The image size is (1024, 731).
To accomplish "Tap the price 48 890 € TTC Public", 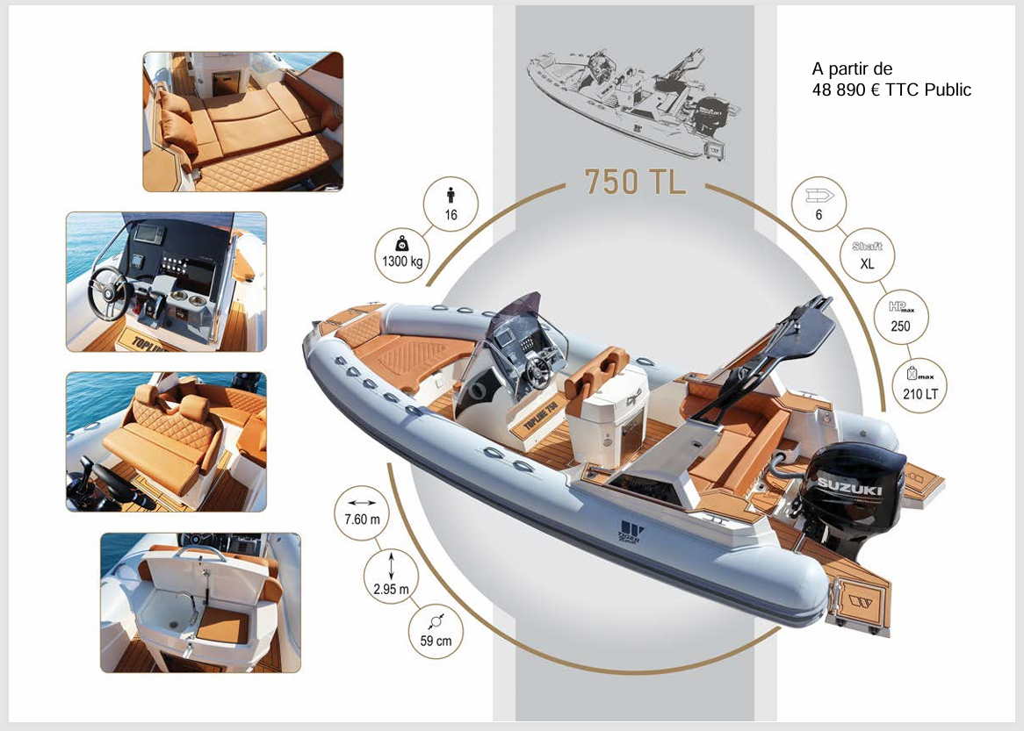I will pyautogui.click(x=891, y=90).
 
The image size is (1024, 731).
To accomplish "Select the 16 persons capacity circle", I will pyautogui.click(x=451, y=204).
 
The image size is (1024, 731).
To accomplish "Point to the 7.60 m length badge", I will pyautogui.click(x=362, y=511).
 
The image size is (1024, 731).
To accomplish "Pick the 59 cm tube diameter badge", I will pyautogui.click(x=436, y=631).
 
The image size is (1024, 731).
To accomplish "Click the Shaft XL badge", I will pyautogui.click(x=867, y=254).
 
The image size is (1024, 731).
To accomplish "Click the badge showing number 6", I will pyautogui.click(x=818, y=204).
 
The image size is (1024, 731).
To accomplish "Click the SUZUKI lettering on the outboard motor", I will pyautogui.click(x=849, y=484).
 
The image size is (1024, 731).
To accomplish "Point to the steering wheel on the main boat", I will pyautogui.click(x=537, y=369).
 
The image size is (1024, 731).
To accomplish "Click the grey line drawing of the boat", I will pyautogui.click(x=634, y=103).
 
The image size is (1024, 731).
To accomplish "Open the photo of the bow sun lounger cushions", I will pyautogui.click(x=242, y=121).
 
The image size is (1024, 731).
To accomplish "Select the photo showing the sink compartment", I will pyautogui.click(x=200, y=602).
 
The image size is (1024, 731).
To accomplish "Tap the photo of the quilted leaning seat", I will pyautogui.click(x=166, y=441).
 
